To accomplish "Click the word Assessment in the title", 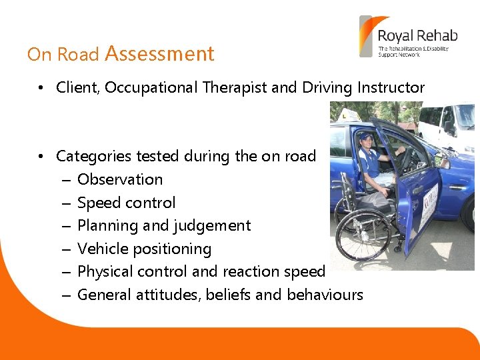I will tap(159, 53).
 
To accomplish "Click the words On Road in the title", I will tap(63, 54).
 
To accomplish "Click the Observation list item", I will tap(120, 179).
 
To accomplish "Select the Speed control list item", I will tap(126, 203).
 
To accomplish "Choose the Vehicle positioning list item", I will tap(144, 249).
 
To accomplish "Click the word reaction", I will tap(254, 272).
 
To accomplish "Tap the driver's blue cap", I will tap(366, 137).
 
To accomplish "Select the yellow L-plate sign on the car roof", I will tap(348, 115).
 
